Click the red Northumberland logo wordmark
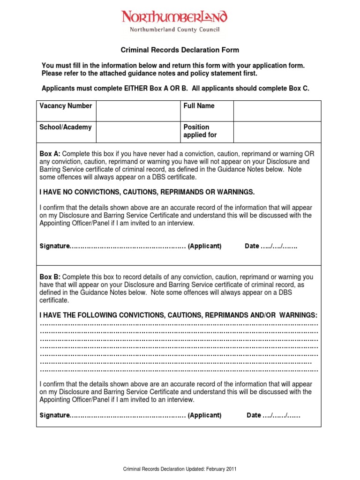174,17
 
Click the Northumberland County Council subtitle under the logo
174,30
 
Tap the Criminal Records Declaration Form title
180,50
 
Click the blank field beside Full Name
277,111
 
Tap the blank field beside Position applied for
277,132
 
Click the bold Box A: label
50,154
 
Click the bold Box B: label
50,277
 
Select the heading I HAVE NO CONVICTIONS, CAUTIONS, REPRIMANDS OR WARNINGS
147,192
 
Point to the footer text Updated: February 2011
180,469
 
